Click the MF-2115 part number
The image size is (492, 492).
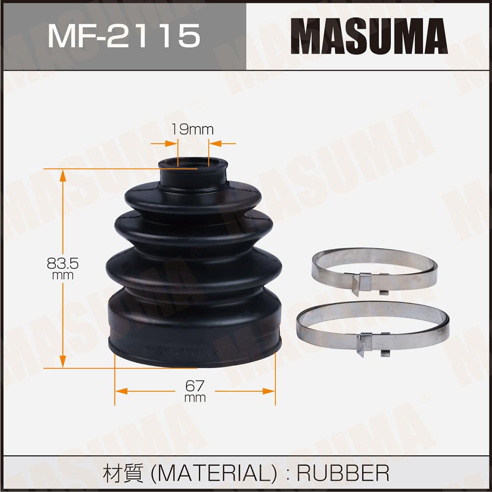[124, 36]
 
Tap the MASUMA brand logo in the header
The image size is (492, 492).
[369, 36]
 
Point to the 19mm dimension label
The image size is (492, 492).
[192, 130]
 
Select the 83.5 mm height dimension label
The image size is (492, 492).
[62, 268]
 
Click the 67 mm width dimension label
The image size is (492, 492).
[195, 391]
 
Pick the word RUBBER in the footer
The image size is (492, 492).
[343, 473]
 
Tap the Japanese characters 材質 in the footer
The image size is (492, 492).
[123, 473]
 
